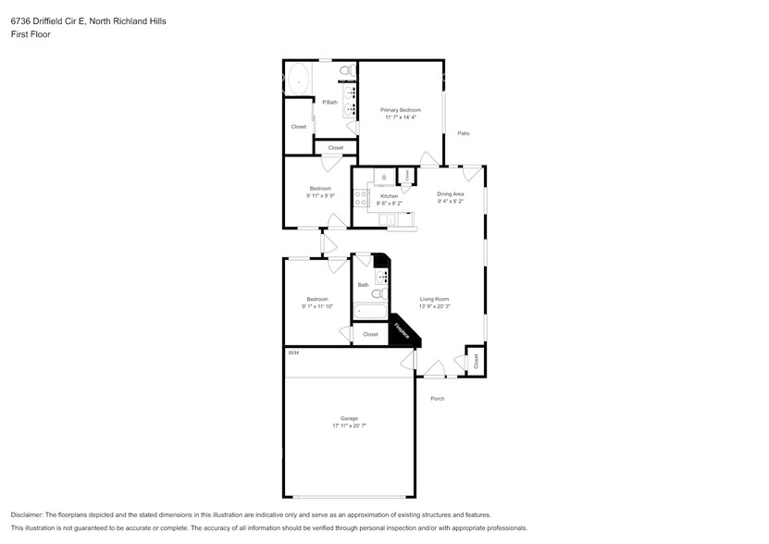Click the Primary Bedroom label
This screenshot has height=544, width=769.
click(401, 110)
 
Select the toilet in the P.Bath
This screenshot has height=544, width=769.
click(346, 71)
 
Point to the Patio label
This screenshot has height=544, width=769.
click(464, 133)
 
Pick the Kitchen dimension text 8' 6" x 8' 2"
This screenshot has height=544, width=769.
click(390, 203)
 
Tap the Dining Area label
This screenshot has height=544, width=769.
click(450, 193)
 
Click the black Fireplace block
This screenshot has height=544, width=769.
click(401, 330)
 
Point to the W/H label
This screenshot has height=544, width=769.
click(292, 353)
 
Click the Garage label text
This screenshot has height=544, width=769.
click(349, 418)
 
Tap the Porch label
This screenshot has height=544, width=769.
click(437, 399)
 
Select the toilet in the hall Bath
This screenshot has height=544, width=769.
click(378, 293)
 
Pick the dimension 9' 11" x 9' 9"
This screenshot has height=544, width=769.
click(319, 195)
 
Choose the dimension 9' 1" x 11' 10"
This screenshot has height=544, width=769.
click(317, 306)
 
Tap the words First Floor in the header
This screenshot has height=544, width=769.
click(31, 34)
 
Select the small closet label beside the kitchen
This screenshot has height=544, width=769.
click(405, 175)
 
